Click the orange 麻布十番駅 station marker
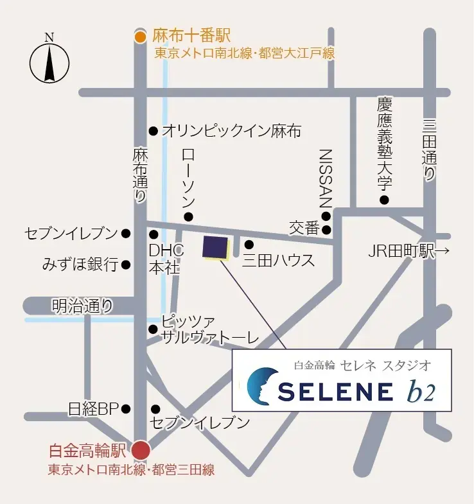click(x=141, y=37)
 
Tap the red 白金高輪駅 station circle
click(x=140, y=449)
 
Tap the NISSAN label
click(x=326, y=177)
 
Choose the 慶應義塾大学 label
click(x=384, y=144)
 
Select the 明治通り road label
click(x=83, y=306)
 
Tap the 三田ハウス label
click(x=278, y=261)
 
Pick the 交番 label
click(x=304, y=229)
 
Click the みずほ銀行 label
click(x=80, y=264)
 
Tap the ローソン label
click(x=188, y=177)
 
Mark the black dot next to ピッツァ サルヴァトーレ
click(x=153, y=329)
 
